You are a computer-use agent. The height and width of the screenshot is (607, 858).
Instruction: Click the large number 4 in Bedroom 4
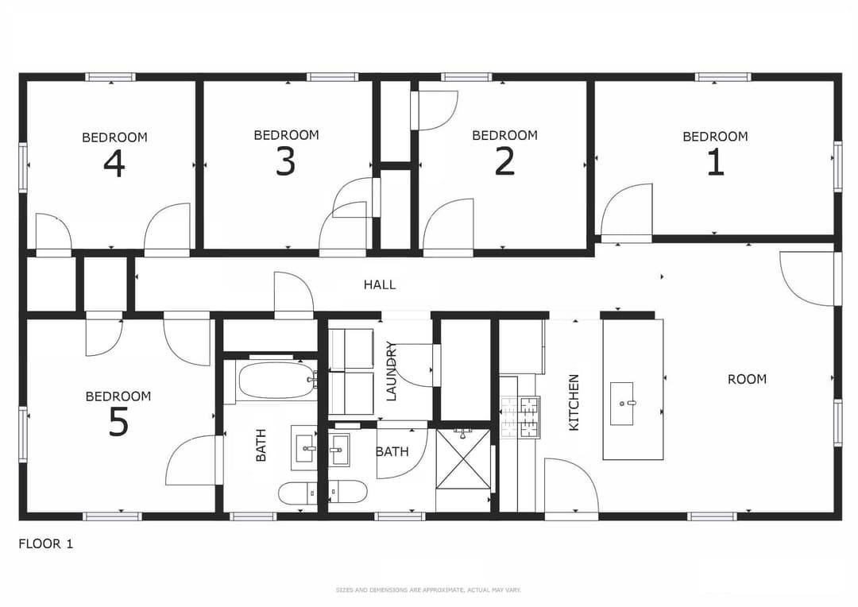[114, 163]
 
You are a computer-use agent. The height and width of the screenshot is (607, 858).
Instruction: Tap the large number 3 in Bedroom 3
[286, 161]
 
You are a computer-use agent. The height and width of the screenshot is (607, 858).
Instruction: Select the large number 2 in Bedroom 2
[504, 161]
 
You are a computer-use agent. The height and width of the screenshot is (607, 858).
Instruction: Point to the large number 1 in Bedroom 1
[715, 161]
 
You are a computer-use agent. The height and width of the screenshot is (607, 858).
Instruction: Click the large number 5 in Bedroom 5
[118, 422]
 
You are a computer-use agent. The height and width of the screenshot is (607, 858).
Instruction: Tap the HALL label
[380, 284]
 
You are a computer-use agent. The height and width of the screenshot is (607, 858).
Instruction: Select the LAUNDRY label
[391, 371]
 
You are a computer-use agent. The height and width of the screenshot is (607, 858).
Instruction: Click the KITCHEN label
[574, 402]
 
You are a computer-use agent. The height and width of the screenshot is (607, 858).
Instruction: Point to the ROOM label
[747, 379]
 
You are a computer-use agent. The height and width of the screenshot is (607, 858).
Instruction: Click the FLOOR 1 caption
[45, 544]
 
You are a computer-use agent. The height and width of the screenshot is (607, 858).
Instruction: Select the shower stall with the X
[463, 459]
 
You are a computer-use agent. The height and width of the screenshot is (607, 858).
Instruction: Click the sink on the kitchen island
[622, 404]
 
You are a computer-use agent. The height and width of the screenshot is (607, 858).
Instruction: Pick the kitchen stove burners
[520, 417]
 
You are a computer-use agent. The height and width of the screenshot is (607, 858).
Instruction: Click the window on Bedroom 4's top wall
[110, 77]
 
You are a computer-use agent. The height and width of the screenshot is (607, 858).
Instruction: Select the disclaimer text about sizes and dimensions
[428, 590]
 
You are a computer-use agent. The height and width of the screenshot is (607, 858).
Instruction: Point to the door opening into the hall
[292, 293]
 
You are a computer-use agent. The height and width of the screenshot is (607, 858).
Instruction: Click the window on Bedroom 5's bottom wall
[112, 516]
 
